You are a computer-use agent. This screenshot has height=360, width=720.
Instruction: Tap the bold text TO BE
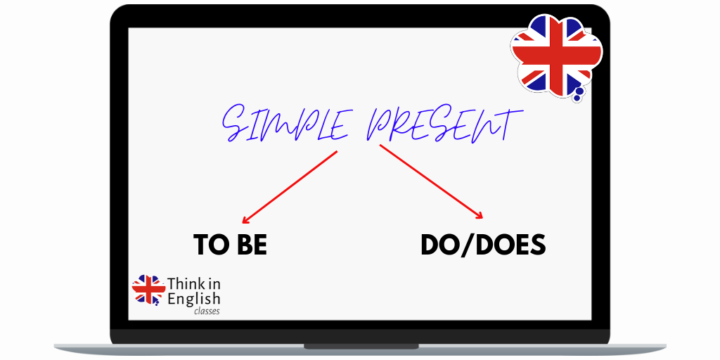click(231, 245)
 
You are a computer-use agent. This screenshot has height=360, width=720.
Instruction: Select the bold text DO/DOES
click(483, 245)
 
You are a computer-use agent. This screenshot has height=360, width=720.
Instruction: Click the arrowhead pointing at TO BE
click(245, 219)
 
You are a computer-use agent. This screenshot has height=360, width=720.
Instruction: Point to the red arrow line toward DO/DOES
click(429, 181)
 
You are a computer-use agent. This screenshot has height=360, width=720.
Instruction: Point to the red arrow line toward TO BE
click(292, 184)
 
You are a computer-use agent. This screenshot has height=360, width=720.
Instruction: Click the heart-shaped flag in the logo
click(148, 289)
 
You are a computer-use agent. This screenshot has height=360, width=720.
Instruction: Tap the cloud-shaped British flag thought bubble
click(555, 55)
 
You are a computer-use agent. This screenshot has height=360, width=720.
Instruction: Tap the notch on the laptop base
click(360, 346)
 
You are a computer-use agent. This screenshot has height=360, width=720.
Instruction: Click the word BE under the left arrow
click(251, 245)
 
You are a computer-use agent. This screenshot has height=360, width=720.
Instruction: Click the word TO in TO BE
click(209, 245)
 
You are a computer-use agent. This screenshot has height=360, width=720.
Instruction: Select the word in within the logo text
click(214, 284)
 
